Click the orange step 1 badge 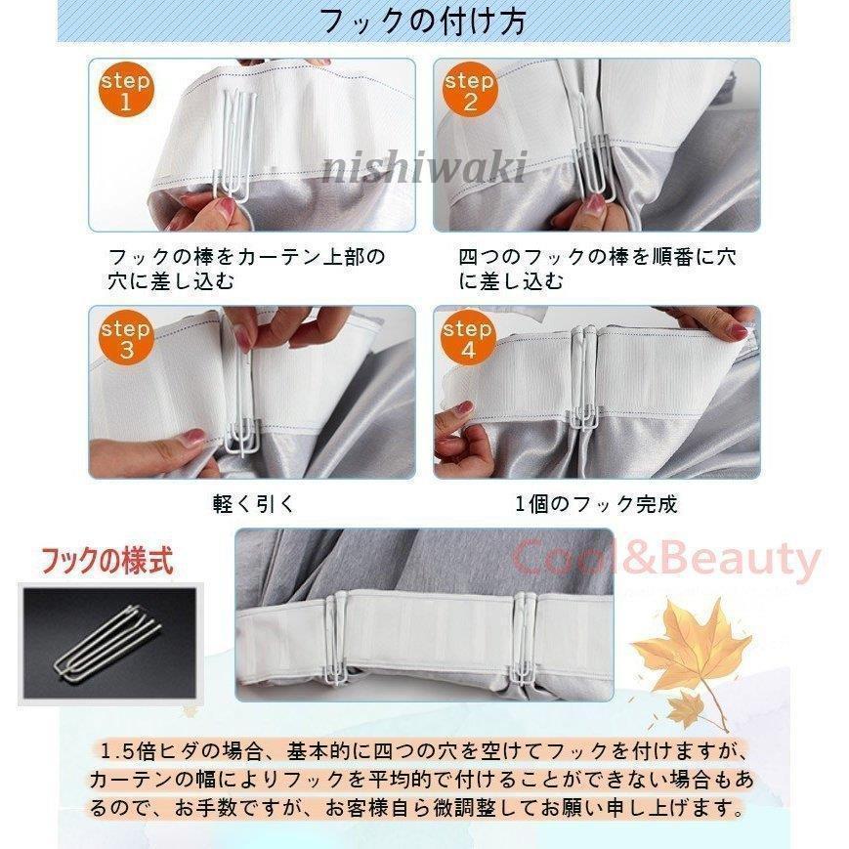point(126,91)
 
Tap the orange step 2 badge point(469,91)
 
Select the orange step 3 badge point(126,339)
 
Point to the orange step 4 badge point(469,339)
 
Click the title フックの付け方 point(423,21)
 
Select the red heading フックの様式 point(106,562)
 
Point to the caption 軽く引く point(253,504)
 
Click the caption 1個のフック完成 point(596,504)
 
